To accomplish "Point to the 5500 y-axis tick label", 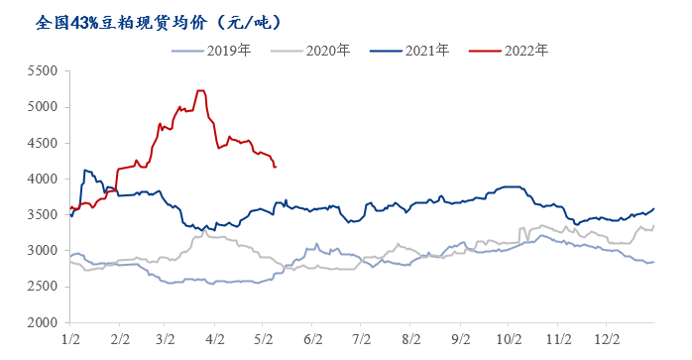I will (x=41, y=71).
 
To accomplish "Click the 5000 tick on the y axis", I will (x=41, y=107).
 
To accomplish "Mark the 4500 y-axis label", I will (x=41, y=143).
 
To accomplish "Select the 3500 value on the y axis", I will (x=41, y=215).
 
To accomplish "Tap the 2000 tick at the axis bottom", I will (x=41, y=322).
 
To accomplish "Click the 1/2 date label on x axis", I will (x=70, y=339).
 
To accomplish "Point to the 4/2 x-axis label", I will (x=215, y=339).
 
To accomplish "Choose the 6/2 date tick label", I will (x=312, y=339).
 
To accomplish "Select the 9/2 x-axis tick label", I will (x=459, y=339).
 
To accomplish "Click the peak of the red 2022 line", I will (x=200, y=91).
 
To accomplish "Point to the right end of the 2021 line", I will (x=654, y=208).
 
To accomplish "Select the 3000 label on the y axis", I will (x=41, y=251).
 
